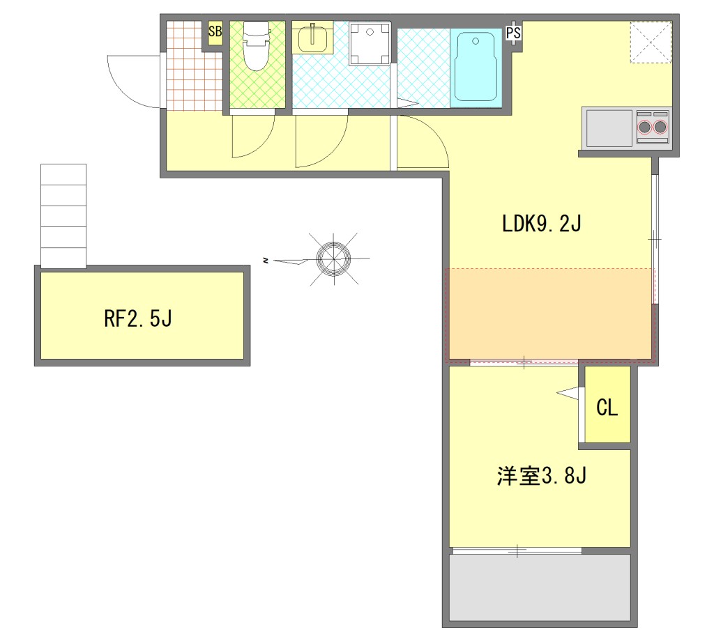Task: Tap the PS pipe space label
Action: [513, 33]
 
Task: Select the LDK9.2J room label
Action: [541, 224]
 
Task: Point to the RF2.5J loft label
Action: [138, 318]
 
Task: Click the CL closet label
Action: [607, 408]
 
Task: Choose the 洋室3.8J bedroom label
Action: [541, 476]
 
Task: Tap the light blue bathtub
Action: [476, 66]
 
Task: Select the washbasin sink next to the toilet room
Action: [312, 38]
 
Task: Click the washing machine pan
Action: [370, 45]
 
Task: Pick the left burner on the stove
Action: [644, 127]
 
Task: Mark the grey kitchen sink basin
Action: [609, 128]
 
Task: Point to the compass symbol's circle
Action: [334, 258]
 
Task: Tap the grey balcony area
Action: [540, 587]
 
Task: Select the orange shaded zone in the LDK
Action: [550, 314]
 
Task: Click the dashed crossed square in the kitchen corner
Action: [651, 42]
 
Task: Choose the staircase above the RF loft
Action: [63, 215]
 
